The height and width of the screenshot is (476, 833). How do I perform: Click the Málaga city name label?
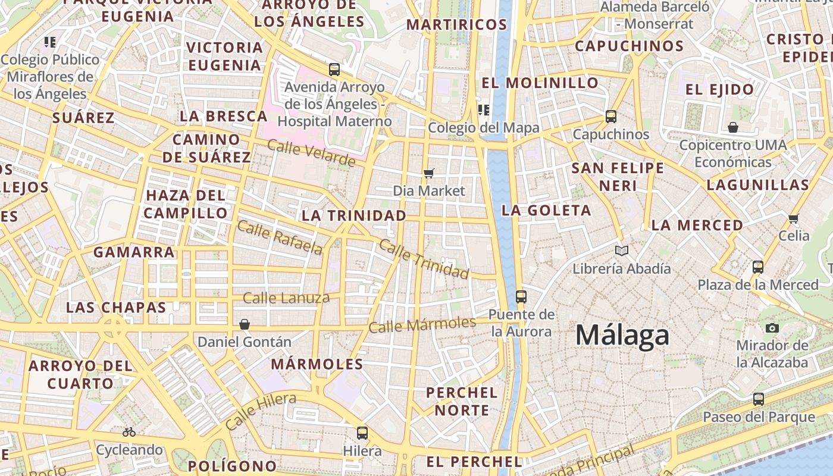tap(622, 336)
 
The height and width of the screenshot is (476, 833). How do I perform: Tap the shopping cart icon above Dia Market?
tap(428, 173)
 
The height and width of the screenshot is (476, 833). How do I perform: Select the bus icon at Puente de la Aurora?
tap(521, 296)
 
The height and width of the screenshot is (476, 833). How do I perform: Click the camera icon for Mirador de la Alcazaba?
tap(772, 328)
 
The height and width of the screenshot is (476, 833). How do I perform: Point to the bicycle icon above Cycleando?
tap(129, 432)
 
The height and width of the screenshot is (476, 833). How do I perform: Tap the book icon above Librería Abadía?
tap(622, 251)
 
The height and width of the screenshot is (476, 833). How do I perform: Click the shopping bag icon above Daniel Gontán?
tap(245, 324)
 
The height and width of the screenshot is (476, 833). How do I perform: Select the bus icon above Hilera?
tap(362, 433)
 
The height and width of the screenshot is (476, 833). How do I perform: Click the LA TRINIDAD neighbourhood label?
tap(354, 215)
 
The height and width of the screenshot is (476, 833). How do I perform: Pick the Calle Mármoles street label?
tap(422, 325)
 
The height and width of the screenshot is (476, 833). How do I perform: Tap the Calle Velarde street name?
tap(311, 153)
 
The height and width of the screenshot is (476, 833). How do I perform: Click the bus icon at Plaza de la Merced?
tap(758, 267)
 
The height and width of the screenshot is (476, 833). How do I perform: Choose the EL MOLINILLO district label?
tap(540, 83)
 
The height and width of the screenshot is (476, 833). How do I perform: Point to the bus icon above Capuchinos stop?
tap(611, 116)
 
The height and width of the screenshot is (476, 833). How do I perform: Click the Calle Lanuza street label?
tap(286, 298)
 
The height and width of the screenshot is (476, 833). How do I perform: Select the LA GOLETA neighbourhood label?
tap(546, 210)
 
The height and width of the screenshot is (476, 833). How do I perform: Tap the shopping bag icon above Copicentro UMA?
tap(733, 127)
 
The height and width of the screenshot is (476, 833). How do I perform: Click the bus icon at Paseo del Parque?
tap(759, 399)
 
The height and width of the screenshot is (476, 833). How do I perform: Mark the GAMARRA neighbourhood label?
tap(134, 252)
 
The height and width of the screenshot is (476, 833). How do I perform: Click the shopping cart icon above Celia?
tap(793, 218)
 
